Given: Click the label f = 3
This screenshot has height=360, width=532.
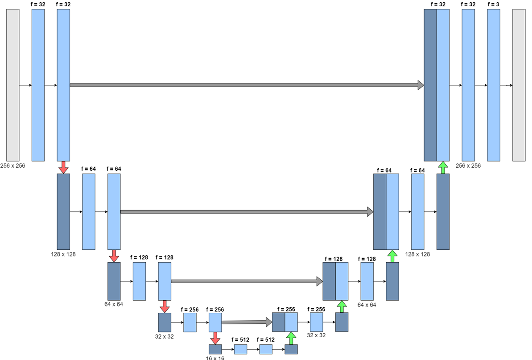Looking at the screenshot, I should coord(493,4).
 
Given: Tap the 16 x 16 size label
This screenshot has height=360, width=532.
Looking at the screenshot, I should coord(215,358).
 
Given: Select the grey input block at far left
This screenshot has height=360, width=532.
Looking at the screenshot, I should coord(13,85).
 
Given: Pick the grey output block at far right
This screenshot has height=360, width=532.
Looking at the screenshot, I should coord(519,85).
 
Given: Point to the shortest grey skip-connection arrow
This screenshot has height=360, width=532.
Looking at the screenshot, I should coord(247,321).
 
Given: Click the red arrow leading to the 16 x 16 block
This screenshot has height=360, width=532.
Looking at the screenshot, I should coord(215,338).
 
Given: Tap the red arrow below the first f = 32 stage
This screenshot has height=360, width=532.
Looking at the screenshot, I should coord(63,167).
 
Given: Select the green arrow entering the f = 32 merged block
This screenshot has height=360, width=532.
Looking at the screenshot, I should coord(443,167).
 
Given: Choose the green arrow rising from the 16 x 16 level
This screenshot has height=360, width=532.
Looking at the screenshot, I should coord(291,338).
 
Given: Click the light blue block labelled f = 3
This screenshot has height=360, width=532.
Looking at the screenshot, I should coord(494,85).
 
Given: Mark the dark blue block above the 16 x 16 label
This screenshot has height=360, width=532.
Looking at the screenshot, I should coord(215,349).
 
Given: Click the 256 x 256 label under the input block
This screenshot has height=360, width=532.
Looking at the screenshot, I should coord(13,165).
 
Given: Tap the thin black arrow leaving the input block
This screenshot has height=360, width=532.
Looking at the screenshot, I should coord(25,85).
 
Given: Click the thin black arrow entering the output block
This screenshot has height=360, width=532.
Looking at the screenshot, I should coord(506,85).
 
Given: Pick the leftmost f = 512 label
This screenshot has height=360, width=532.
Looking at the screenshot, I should coord(240,339).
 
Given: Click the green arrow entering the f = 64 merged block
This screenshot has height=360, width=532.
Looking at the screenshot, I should coord(392,256).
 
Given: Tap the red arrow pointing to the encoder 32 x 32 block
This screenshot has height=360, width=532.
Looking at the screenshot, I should coord(165,306).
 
